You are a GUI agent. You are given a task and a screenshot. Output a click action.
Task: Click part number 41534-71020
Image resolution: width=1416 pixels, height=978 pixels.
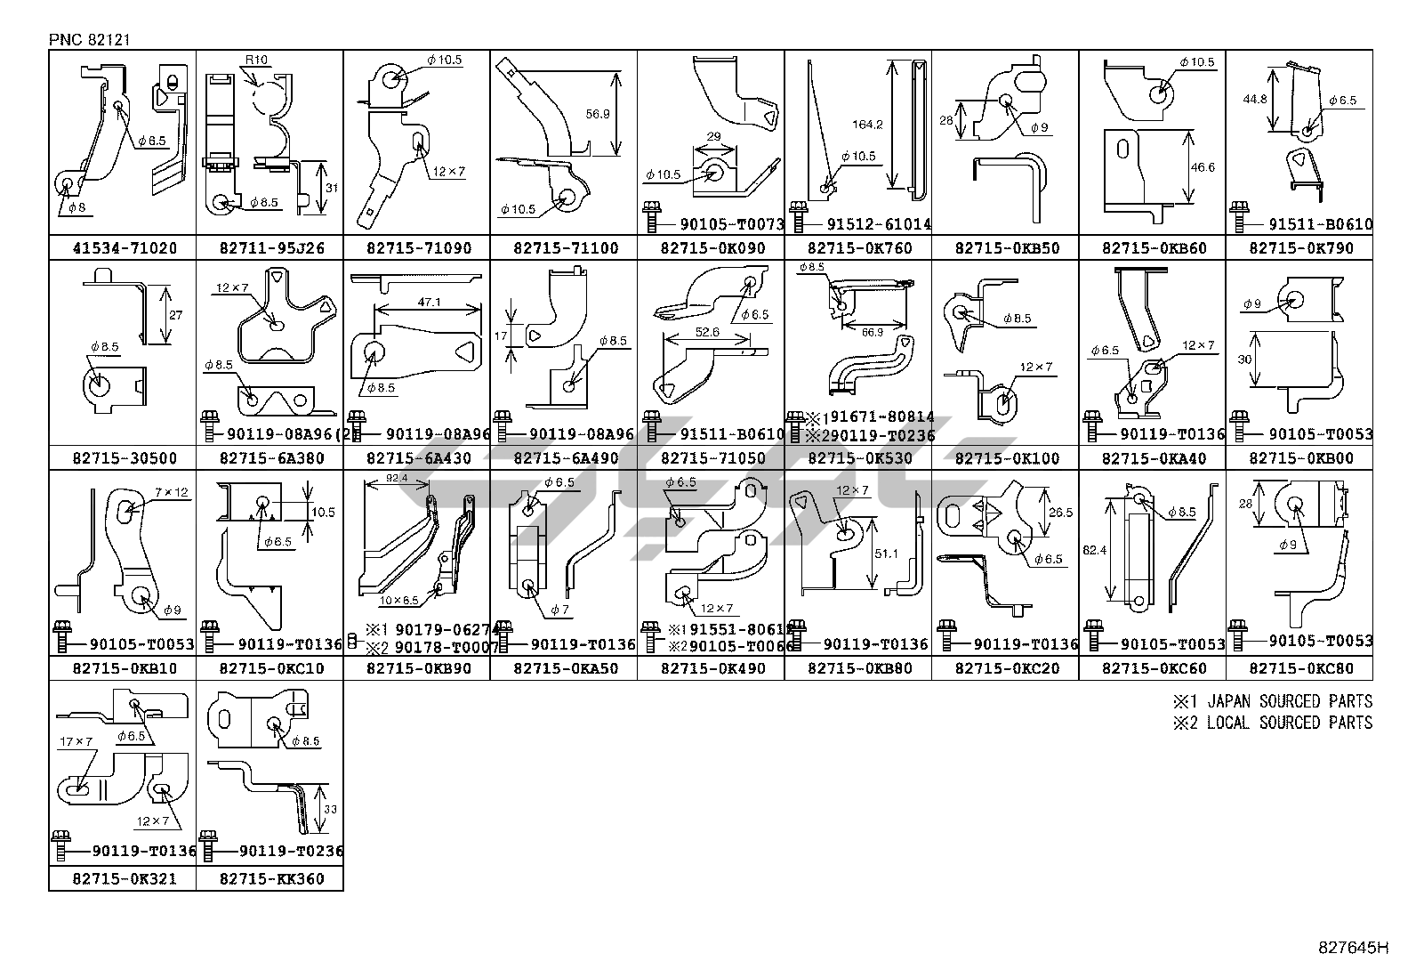122,248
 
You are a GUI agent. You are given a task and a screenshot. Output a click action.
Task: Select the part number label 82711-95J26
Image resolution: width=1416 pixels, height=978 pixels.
270,248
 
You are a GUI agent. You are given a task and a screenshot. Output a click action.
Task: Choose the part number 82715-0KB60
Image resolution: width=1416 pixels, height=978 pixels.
1152,248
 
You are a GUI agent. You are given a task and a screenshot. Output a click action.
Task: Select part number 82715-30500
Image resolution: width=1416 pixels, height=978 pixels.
122,459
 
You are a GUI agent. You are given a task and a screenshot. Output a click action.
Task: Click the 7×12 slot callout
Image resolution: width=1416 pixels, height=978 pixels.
172,492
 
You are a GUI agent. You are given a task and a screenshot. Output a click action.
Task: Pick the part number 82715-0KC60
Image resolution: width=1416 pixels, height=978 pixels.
1152,668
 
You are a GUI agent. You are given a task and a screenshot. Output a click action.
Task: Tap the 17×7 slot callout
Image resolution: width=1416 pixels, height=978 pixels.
76,741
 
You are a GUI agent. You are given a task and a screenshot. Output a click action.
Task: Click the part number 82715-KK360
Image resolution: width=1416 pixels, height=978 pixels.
270,879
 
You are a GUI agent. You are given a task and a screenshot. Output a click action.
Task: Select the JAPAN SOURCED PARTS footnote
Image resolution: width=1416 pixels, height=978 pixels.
1272,701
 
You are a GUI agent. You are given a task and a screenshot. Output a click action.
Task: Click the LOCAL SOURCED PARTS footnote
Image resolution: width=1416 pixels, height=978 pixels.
1272,723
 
